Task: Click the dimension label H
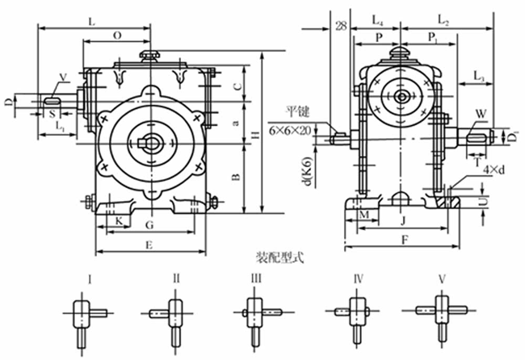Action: (x=256, y=139)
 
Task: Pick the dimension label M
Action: (x=363, y=216)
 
